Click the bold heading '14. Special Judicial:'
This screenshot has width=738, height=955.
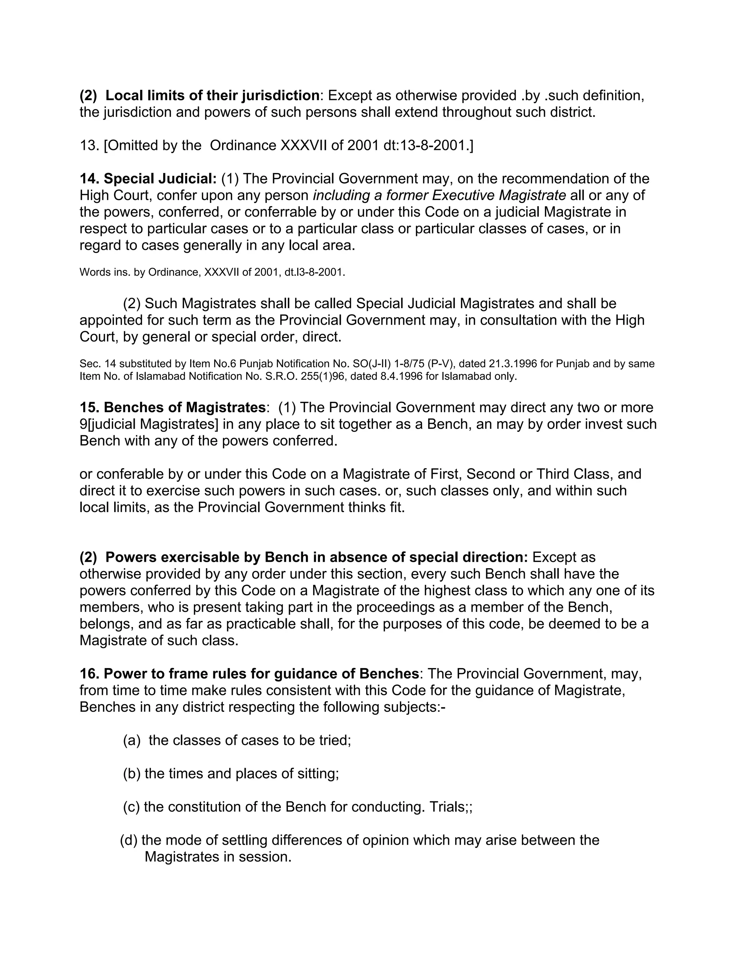pos(148,179)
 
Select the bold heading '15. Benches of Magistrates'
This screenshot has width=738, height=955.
pos(172,408)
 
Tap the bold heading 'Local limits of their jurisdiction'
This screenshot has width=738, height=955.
pos(213,95)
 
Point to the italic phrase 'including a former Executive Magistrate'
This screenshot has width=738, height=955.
pos(439,195)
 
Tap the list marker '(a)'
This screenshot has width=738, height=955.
pos(132,740)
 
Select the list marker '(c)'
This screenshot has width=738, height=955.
pos(131,807)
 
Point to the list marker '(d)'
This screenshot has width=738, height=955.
pos(129,840)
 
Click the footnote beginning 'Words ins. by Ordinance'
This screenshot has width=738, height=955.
pos(212,272)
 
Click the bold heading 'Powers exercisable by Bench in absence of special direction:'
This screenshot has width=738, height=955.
pos(316,558)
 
